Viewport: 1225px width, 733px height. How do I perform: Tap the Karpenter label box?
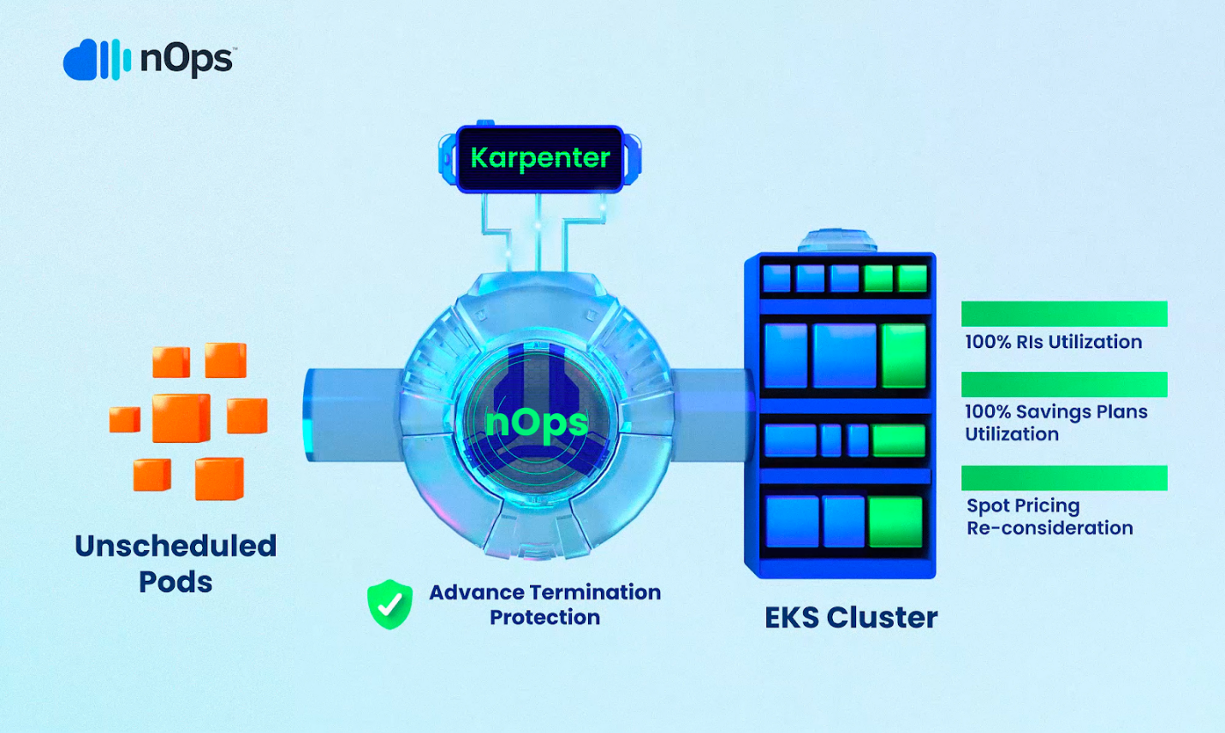[x=540, y=158]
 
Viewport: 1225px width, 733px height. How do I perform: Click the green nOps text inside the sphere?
[x=537, y=422]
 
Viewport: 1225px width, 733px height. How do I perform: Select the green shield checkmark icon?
[x=390, y=604]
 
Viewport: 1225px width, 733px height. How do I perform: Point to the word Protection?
[x=544, y=618]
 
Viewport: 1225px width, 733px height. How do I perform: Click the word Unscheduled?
[x=175, y=546]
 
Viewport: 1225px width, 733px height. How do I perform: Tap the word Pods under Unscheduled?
[x=175, y=582]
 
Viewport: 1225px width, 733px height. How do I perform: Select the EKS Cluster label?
[x=850, y=618]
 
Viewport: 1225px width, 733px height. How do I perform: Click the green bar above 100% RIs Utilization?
[x=1064, y=314]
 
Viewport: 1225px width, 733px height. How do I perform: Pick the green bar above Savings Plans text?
[x=1064, y=385]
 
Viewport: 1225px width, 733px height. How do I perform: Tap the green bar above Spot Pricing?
[x=1064, y=478]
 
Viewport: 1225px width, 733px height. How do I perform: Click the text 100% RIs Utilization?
[x=1053, y=342]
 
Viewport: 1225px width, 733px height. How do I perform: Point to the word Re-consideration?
[x=1050, y=529]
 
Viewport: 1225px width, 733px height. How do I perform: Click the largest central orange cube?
[x=181, y=418]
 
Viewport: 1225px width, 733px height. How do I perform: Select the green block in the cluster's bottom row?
[x=895, y=521]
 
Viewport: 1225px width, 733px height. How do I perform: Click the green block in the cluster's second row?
[x=904, y=355]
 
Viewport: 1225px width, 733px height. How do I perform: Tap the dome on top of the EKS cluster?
[x=838, y=240]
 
